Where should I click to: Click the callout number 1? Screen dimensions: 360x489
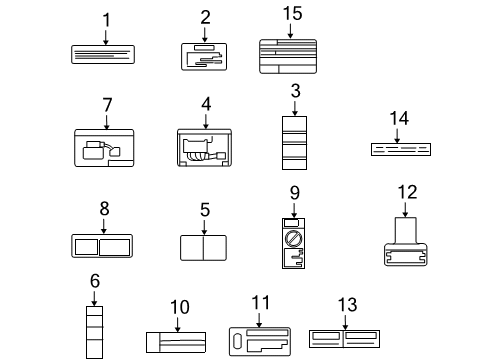coord(106,18)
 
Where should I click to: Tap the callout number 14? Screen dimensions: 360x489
coord(399,118)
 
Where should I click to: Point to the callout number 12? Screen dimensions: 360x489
coord(405,192)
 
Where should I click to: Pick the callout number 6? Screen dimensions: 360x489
coord(94,283)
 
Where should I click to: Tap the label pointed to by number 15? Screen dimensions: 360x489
coord(290,52)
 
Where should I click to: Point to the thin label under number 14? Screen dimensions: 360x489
coord(399,149)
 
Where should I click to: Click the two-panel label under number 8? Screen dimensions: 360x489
coord(104,246)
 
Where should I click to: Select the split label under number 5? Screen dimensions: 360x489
coord(204,247)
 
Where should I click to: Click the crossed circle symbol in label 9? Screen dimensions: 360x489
coord(294,240)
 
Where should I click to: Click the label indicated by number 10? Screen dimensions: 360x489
coord(176,343)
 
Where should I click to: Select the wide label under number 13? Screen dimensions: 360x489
coord(344,341)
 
